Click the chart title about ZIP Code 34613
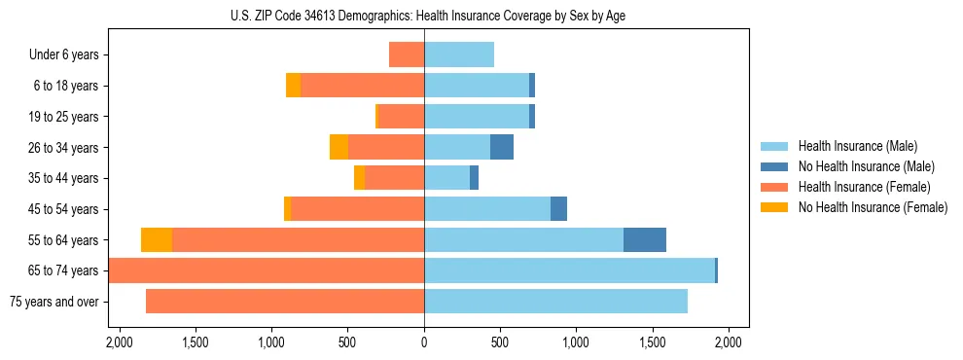click(424, 15)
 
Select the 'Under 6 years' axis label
click(69, 55)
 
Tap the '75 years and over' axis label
click(53, 302)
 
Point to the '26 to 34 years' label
click(64, 148)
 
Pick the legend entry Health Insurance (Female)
click(864, 187)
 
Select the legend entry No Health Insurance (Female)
click(873, 207)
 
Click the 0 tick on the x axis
click(424, 342)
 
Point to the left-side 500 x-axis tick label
click(347, 342)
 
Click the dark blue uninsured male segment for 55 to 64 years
click(645, 239)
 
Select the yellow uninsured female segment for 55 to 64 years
click(157, 239)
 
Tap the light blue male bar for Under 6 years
click(459, 54)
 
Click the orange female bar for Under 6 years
click(407, 54)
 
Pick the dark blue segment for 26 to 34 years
click(502, 147)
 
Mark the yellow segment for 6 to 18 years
click(293, 86)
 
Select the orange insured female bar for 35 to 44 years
click(394, 178)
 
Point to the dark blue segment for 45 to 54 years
click(558, 209)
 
